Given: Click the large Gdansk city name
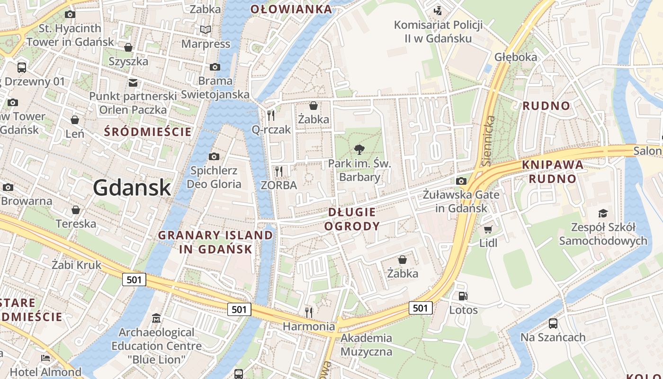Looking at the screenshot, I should (x=132, y=188).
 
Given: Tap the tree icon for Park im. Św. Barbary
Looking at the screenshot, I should (x=360, y=150).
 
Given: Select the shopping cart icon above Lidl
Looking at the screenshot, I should (x=488, y=230).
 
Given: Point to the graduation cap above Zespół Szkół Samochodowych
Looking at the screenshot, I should (x=603, y=213).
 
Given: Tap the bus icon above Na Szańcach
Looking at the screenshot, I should (x=553, y=324).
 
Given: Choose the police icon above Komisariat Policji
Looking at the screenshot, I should (x=438, y=10).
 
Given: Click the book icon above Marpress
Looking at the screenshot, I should (x=206, y=30).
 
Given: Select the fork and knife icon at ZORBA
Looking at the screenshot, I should (x=279, y=171).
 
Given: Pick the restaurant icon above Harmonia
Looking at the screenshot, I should (x=309, y=312).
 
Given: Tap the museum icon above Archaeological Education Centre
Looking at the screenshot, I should (x=156, y=318).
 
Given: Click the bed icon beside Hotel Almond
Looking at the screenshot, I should (x=45, y=358).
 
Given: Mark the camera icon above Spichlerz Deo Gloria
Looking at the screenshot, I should (x=214, y=156).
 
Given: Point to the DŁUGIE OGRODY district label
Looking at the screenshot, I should (x=352, y=219).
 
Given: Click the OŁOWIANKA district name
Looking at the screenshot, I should (x=291, y=9).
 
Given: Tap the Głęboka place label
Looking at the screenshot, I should (x=516, y=57).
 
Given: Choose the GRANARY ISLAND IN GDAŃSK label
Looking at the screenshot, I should (x=215, y=242).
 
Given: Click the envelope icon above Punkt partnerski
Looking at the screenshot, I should (x=133, y=83).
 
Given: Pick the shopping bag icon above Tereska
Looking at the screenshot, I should (x=75, y=209).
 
